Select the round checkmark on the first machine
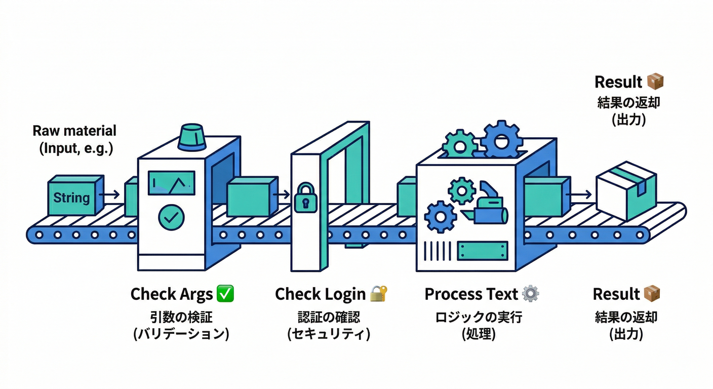[x=171, y=216]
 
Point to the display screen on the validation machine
[x=171, y=183]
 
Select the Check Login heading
[x=320, y=294]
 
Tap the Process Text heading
[x=471, y=294]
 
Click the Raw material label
[x=74, y=131]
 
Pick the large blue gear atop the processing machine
[x=501, y=140]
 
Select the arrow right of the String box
[x=113, y=194]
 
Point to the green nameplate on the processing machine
[x=482, y=250]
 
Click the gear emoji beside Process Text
[x=530, y=294]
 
